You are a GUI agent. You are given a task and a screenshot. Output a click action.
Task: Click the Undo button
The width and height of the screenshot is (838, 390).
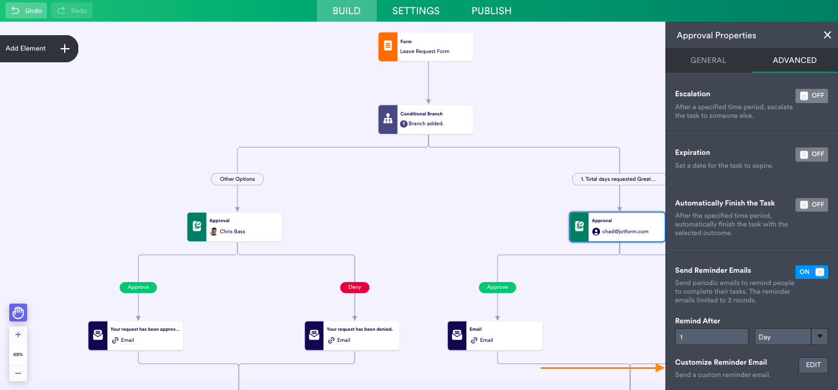tap(26, 10)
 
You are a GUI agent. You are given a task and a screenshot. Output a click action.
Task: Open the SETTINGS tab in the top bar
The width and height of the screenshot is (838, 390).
tap(416, 11)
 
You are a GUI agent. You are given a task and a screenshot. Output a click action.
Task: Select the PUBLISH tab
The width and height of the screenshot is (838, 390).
tap(491, 11)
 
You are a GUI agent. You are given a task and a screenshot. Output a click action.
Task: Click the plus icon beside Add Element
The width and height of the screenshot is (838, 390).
tap(65, 48)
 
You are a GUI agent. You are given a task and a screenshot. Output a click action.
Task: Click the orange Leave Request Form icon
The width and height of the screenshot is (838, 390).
tap(388, 46)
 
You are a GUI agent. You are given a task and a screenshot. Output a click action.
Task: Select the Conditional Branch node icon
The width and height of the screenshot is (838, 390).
tap(388, 119)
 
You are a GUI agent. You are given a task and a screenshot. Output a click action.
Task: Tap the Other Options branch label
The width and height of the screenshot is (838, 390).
tap(237, 179)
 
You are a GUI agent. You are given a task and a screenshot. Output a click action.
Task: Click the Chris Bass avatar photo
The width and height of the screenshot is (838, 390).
tap(213, 231)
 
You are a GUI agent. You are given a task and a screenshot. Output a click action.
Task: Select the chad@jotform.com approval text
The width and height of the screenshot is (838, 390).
tap(625, 231)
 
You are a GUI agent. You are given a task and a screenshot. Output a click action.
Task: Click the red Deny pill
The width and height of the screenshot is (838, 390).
tap(355, 287)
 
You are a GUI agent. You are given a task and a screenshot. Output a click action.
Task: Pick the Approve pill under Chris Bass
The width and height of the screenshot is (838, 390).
tap(138, 287)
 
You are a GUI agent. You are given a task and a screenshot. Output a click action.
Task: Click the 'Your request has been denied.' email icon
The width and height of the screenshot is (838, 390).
tap(314, 335)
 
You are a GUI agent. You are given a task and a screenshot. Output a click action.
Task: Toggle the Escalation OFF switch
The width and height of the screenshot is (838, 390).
tap(811, 96)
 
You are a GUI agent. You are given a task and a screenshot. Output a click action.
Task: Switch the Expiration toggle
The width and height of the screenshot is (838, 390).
tap(811, 154)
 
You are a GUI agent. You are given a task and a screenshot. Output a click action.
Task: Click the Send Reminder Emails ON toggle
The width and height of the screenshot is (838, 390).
tap(811, 272)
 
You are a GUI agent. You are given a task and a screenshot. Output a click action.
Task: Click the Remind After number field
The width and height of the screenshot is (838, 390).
tap(712, 337)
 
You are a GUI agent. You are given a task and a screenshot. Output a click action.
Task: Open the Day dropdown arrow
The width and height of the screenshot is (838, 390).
tap(820, 336)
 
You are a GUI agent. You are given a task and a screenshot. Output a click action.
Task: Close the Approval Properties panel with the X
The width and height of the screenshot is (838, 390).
tap(827, 35)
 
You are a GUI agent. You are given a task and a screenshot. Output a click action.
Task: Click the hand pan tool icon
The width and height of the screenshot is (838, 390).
tap(18, 312)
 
